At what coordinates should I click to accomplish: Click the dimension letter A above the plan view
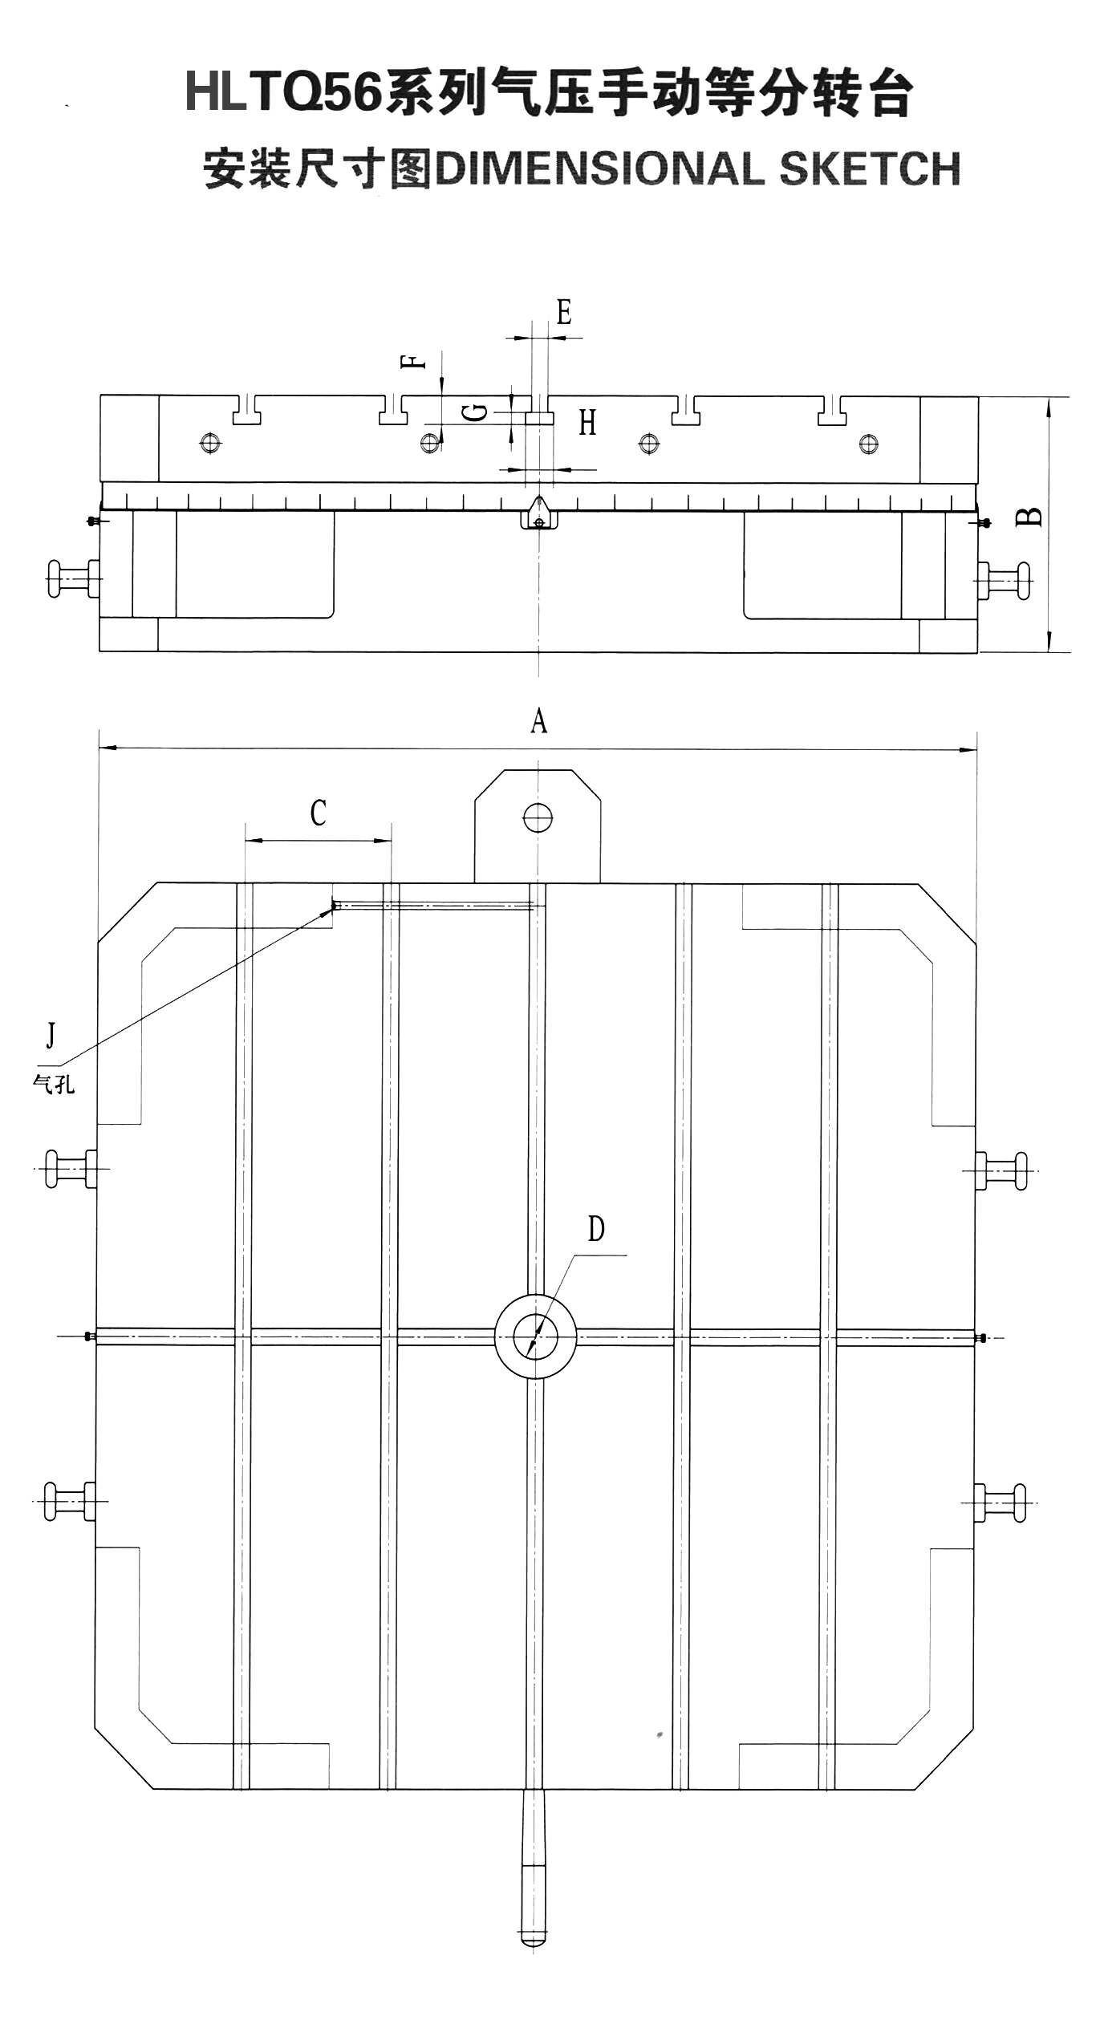click(x=538, y=721)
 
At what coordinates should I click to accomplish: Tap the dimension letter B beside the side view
click(x=1029, y=516)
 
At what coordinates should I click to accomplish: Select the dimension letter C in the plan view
click(x=318, y=813)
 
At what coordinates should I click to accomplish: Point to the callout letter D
click(x=596, y=1228)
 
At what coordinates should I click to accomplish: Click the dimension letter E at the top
click(x=564, y=311)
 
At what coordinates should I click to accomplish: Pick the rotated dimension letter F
click(x=413, y=361)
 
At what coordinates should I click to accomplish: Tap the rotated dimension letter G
click(x=476, y=412)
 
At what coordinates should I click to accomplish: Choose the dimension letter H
click(x=588, y=422)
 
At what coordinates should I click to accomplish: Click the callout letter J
click(x=51, y=1035)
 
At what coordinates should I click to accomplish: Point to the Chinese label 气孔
click(x=54, y=1084)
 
